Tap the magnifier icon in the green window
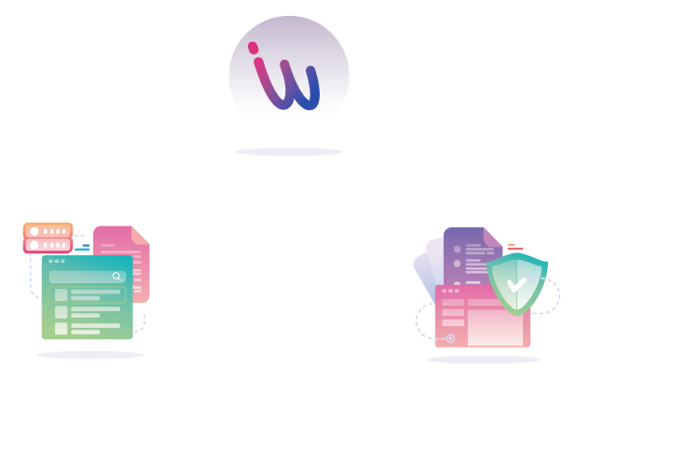tap(117, 277)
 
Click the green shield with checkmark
tap(515, 282)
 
